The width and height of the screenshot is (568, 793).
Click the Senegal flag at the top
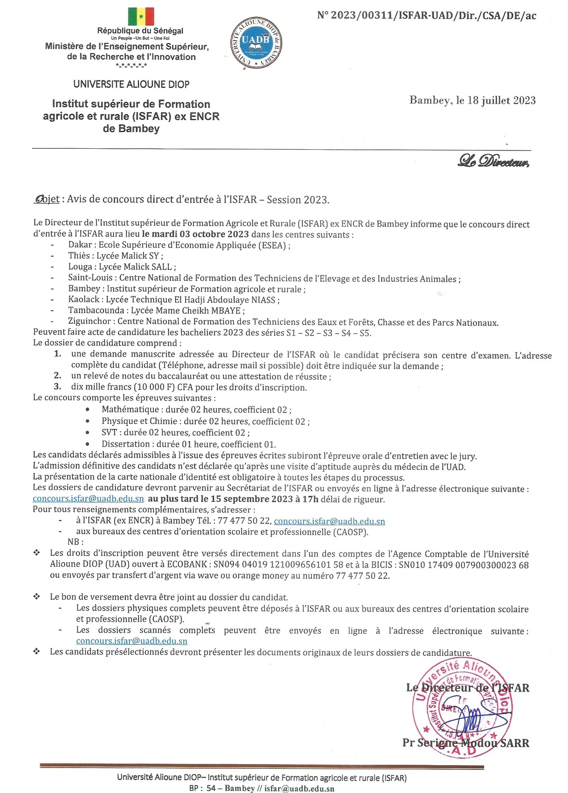(x=141, y=16)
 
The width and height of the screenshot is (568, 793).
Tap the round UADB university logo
(x=256, y=43)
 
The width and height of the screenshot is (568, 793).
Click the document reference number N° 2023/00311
(x=427, y=15)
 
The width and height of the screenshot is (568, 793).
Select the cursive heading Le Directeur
(x=493, y=161)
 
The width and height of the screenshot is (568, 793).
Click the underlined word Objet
(x=47, y=199)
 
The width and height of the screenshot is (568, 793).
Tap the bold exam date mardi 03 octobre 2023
(x=195, y=234)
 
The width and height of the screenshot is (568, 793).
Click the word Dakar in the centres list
(x=80, y=245)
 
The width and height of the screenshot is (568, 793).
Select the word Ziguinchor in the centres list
(x=89, y=321)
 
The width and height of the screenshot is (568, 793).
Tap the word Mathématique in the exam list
(x=130, y=410)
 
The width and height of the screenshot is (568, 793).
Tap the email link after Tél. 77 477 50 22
(x=329, y=521)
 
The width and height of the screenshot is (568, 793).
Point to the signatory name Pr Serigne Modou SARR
(x=465, y=743)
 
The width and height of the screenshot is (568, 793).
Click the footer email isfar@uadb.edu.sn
(x=299, y=788)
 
